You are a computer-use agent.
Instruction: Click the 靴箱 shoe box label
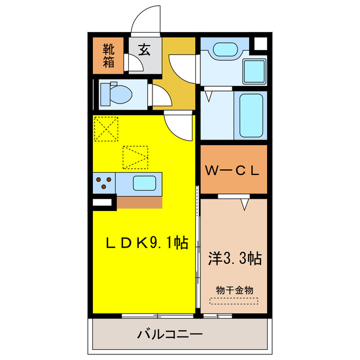click(x=109, y=55)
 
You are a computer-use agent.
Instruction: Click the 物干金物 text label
click(x=235, y=290)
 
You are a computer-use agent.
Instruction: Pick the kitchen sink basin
click(x=144, y=183)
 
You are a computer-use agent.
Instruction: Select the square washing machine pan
click(x=254, y=69)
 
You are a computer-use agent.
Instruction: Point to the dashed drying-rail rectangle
click(x=234, y=301)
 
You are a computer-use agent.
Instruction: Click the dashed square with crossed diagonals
click(x=106, y=129)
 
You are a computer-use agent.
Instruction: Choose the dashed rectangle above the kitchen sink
click(x=136, y=157)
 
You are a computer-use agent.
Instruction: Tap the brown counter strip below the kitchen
click(x=138, y=202)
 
